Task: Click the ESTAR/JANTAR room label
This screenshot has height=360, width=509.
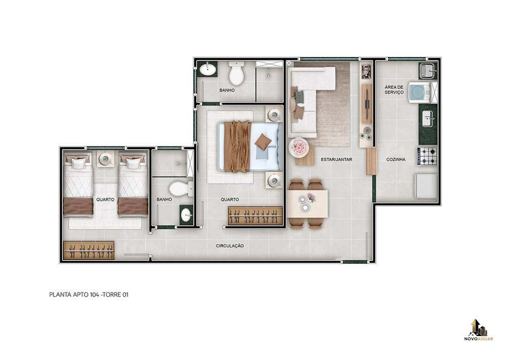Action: (x=336, y=160)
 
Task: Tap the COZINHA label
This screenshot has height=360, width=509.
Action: (x=396, y=160)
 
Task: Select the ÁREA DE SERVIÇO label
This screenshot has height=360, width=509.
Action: (x=394, y=90)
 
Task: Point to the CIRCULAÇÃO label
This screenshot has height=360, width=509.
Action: (x=230, y=246)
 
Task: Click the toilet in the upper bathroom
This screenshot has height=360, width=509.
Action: (x=236, y=73)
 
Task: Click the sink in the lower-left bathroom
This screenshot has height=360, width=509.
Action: (x=186, y=215)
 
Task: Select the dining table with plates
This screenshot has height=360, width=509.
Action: (x=307, y=203)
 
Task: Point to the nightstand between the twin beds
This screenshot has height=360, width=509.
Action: (x=106, y=159)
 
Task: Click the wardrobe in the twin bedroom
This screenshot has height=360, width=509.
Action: (x=89, y=250)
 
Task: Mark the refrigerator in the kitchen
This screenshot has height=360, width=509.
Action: (x=426, y=186)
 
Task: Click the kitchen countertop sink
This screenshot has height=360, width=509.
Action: (x=427, y=119)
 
